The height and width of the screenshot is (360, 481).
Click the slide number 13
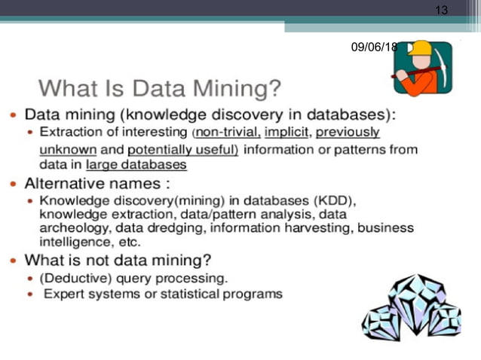pyautogui.click(x=441, y=10)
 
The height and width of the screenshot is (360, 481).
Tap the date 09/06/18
pyautogui.click(x=374, y=47)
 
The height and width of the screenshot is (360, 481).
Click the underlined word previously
pyautogui.click(x=348, y=133)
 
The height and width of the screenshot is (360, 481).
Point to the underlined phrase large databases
pyautogui.click(x=136, y=164)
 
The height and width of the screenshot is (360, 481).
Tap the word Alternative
pyautogui.click(x=68, y=183)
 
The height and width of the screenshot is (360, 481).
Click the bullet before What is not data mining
pyautogui.click(x=14, y=261)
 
